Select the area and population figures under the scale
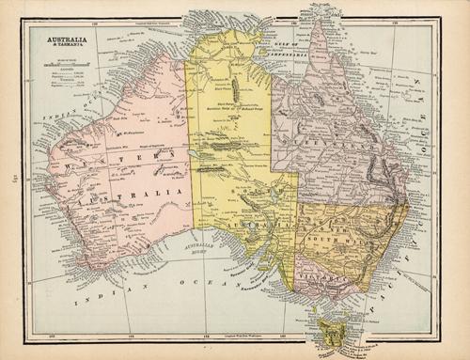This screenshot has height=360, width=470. pos(59,74)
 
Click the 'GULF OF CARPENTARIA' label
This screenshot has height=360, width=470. pos(279,39)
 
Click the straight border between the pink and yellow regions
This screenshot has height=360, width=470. pos(192,141)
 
